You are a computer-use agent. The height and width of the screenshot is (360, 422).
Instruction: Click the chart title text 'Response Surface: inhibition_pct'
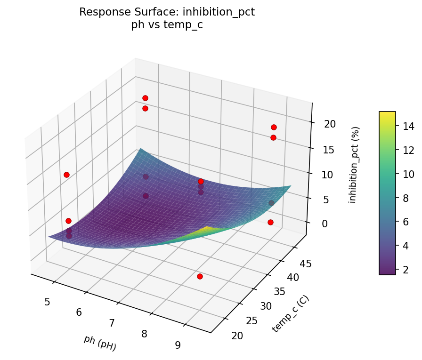point(167,12)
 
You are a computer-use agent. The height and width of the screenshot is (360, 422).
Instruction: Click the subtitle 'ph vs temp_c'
point(167,25)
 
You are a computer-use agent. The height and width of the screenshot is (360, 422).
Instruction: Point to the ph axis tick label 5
point(47,302)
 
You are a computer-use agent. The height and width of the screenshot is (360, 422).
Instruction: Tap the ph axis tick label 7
point(112,323)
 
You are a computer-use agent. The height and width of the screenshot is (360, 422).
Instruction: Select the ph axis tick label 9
point(178,345)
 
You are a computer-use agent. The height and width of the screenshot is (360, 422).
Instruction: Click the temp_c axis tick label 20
point(238,336)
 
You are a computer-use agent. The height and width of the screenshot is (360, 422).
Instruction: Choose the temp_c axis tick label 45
point(306,264)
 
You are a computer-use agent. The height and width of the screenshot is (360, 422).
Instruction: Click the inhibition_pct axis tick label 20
point(330,124)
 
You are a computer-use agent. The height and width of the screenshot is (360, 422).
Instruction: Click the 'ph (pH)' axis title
point(100,343)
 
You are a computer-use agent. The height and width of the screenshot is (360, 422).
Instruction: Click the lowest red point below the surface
point(200,276)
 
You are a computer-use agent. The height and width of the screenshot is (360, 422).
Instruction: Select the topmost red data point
point(145,98)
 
